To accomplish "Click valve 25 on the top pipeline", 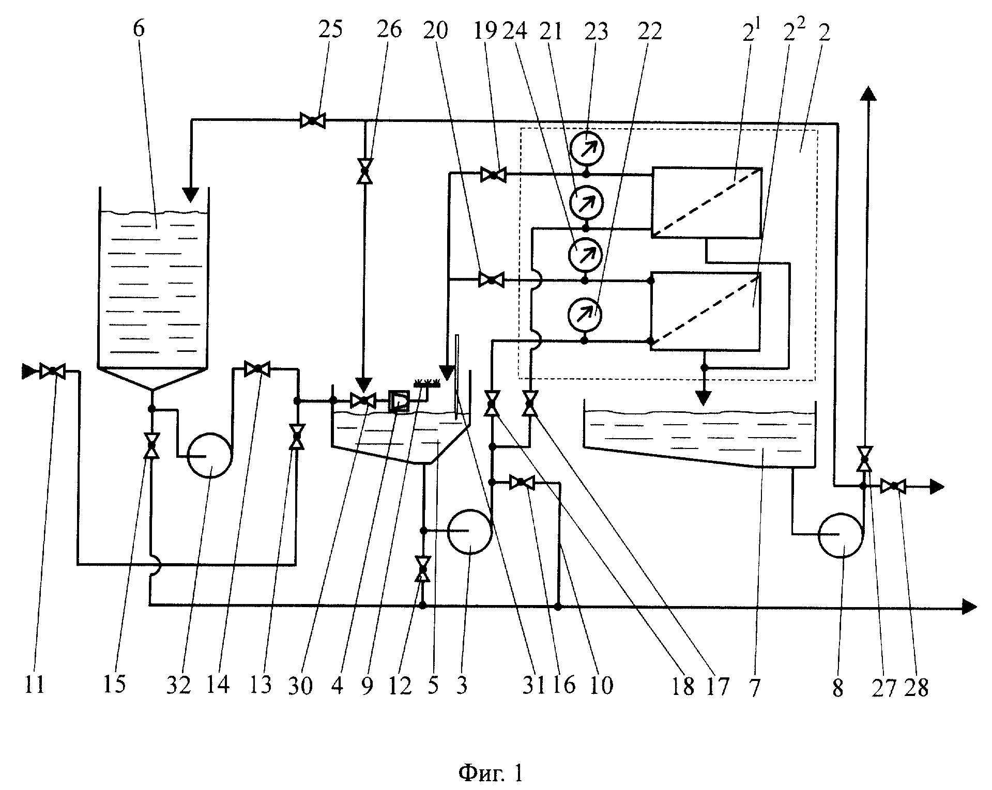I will click(x=313, y=121).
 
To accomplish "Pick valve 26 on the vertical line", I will click(x=365, y=171).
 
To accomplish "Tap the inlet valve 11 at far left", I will click(x=52, y=371).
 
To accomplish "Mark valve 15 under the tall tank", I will click(x=151, y=445).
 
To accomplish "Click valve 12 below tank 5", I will click(x=423, y=569).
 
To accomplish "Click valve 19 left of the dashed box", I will click(x=493, y=175).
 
